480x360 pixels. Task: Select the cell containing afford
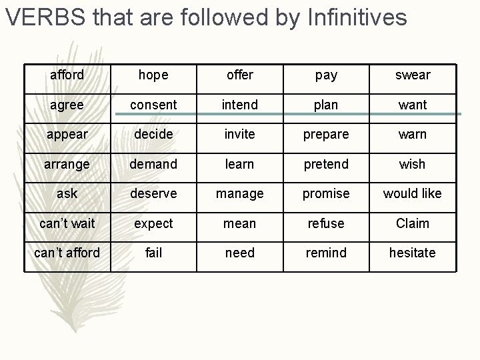(x=67, y=75)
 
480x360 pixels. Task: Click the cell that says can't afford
(x=67, y=253)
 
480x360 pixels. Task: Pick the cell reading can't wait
(x=67, y=223)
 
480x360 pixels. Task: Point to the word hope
(x=153, y=75)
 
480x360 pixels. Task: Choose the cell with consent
(x=153, y=105)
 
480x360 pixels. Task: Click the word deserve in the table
(x=153, y=193)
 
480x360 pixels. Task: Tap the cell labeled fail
(x=153, y=253)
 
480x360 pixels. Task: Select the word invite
(x=239, y=134)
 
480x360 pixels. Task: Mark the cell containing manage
(x=239, y=193)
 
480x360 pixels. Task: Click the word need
(x=239, y=253)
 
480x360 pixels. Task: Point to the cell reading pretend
(x=326, y=164)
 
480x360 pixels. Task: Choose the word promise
(x=326, y=193)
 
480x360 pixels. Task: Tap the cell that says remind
(x=326, y=253)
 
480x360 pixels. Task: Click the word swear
(x=413, y=75)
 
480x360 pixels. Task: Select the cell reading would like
(x=413, y=193)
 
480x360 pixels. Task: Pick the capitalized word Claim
(x=413, y=223)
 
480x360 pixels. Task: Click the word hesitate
(x=413, y=253)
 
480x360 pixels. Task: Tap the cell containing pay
(x=326, y=75)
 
